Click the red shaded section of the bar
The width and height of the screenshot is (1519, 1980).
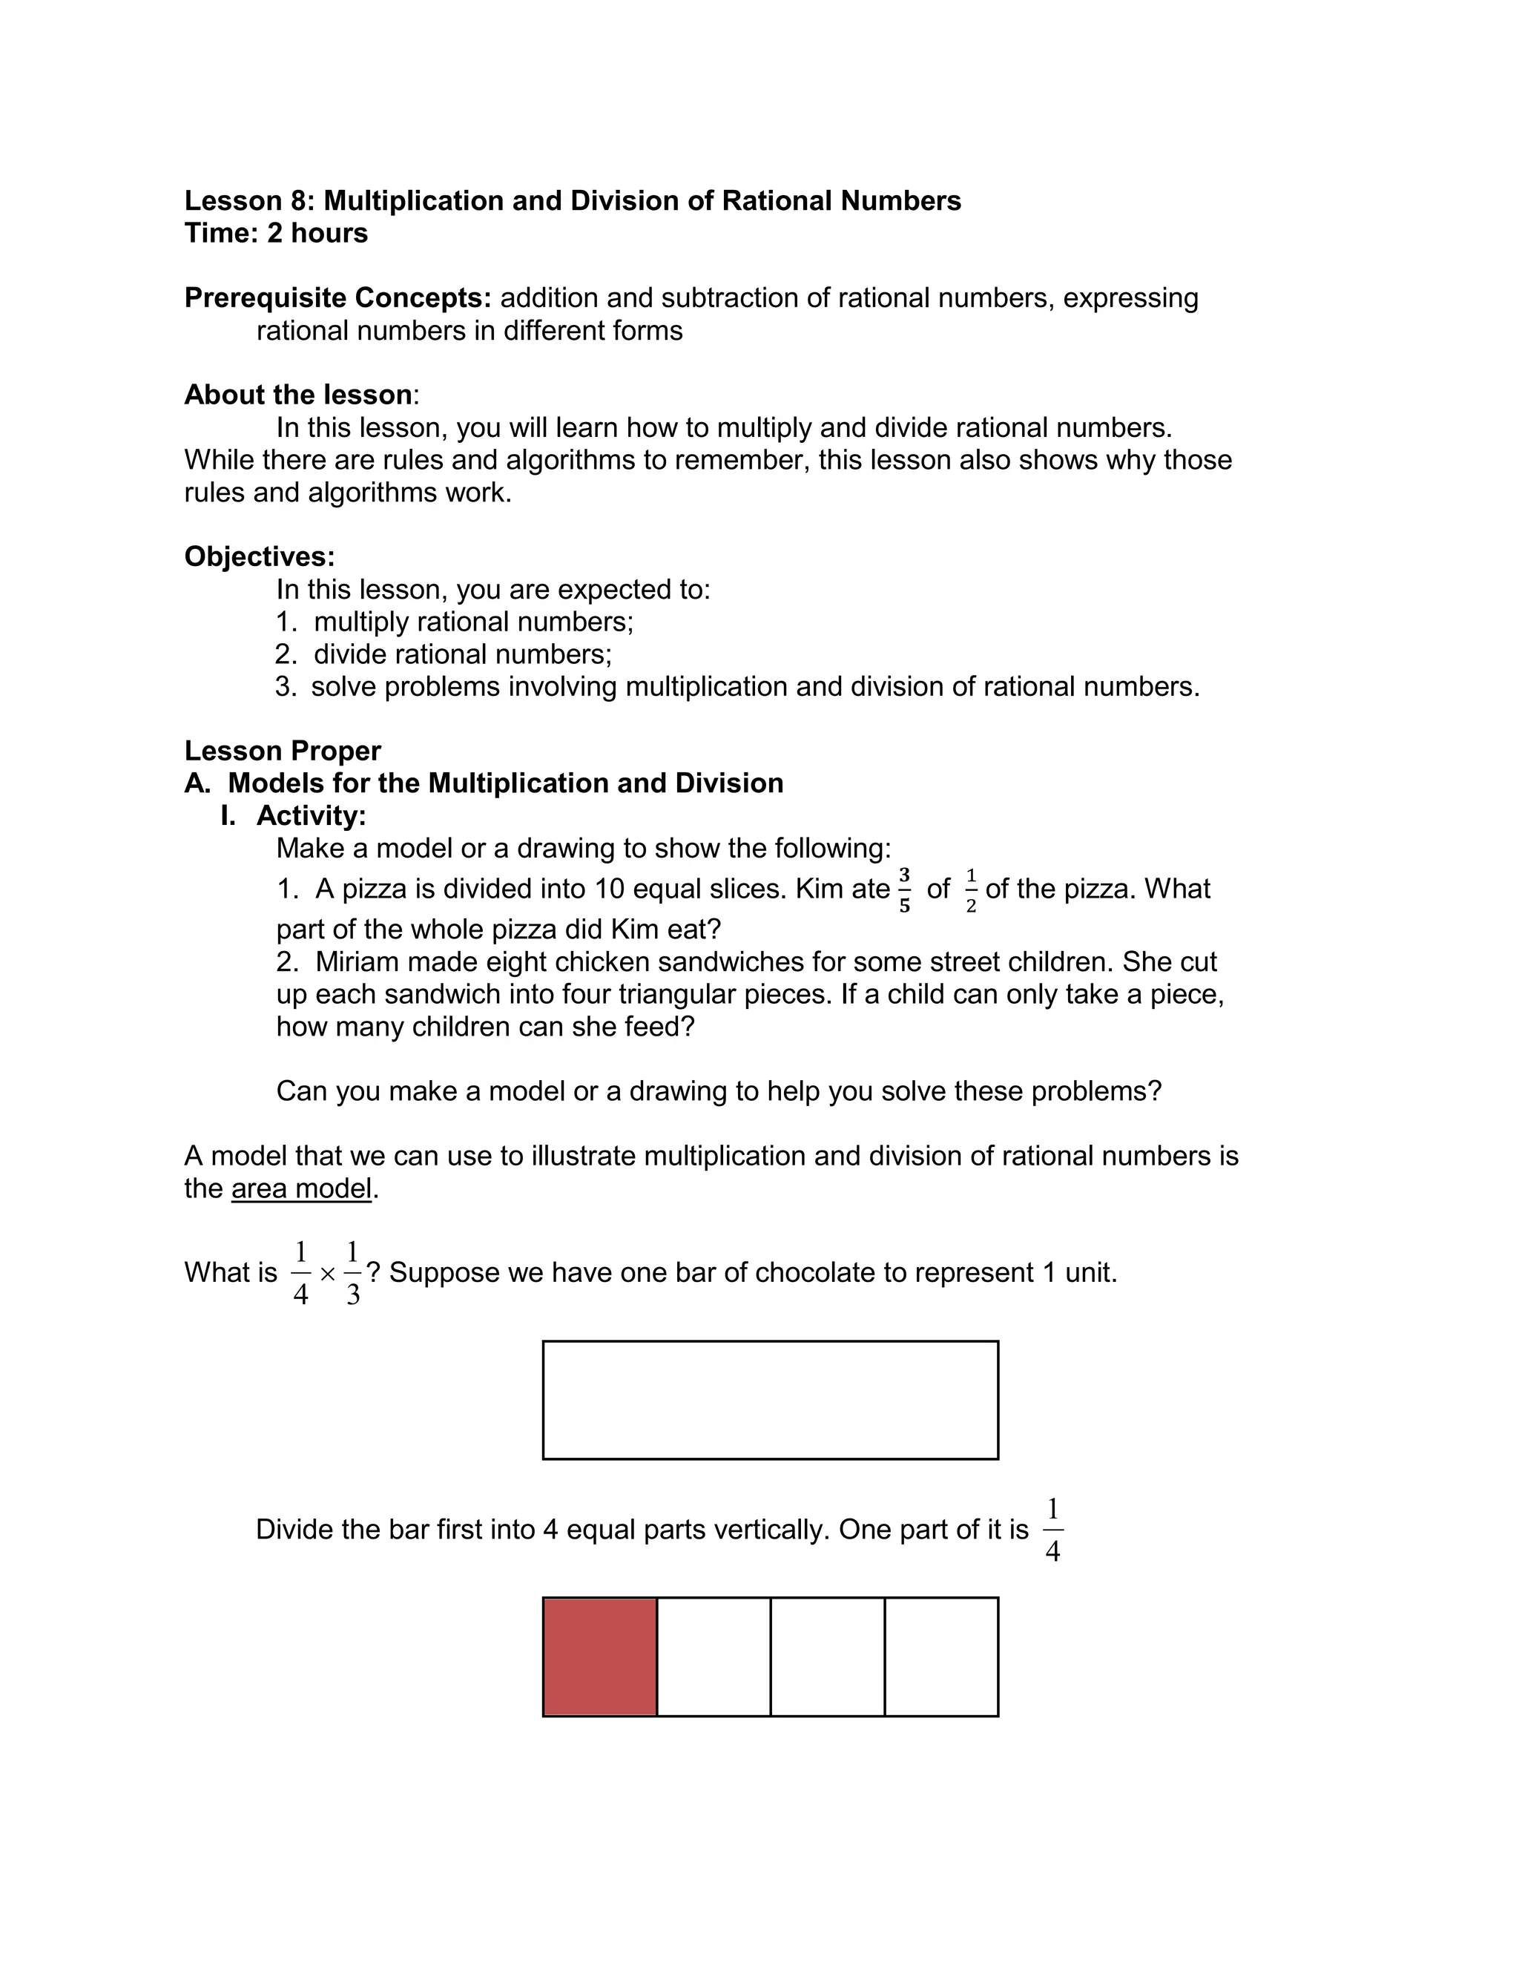point(599,1657)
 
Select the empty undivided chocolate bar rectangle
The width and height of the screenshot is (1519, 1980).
point(771,1400)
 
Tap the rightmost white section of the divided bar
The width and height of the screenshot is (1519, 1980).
point(941,1657)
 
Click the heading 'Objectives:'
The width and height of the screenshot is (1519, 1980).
point(260,556)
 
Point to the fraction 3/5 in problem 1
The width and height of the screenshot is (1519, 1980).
point(904,889)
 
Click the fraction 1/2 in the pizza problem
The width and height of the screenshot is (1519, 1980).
point(971,890)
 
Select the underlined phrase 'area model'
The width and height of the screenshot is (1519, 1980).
point(301,1188)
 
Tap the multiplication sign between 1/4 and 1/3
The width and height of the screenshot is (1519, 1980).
point(327,1274)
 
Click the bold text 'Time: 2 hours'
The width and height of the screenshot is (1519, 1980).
point(276,233)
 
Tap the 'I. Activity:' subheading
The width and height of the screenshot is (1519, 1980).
point(294,815)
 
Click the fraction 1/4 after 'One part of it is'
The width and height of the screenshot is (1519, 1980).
point(1052,1530)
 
